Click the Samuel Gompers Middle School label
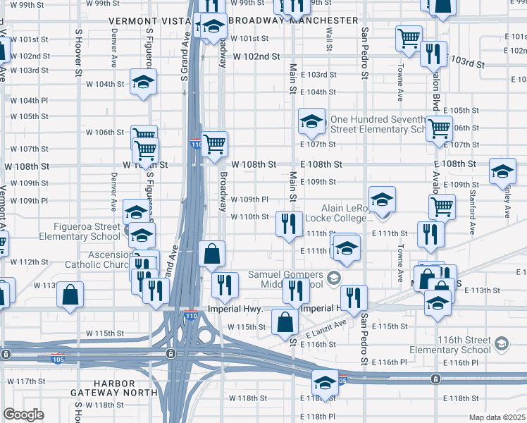(285, 279)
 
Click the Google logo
(23, 415)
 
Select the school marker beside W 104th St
(144, 82)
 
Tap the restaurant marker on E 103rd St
(433, 54)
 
